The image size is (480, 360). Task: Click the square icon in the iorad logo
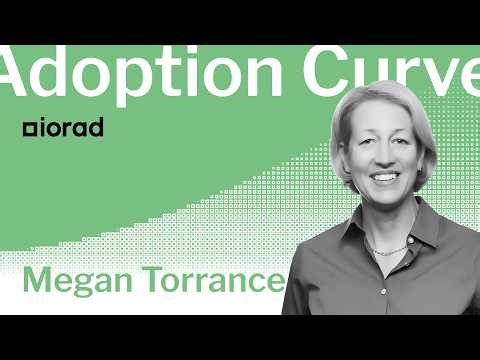pos(28,130)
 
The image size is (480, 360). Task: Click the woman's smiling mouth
pos(383,178)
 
